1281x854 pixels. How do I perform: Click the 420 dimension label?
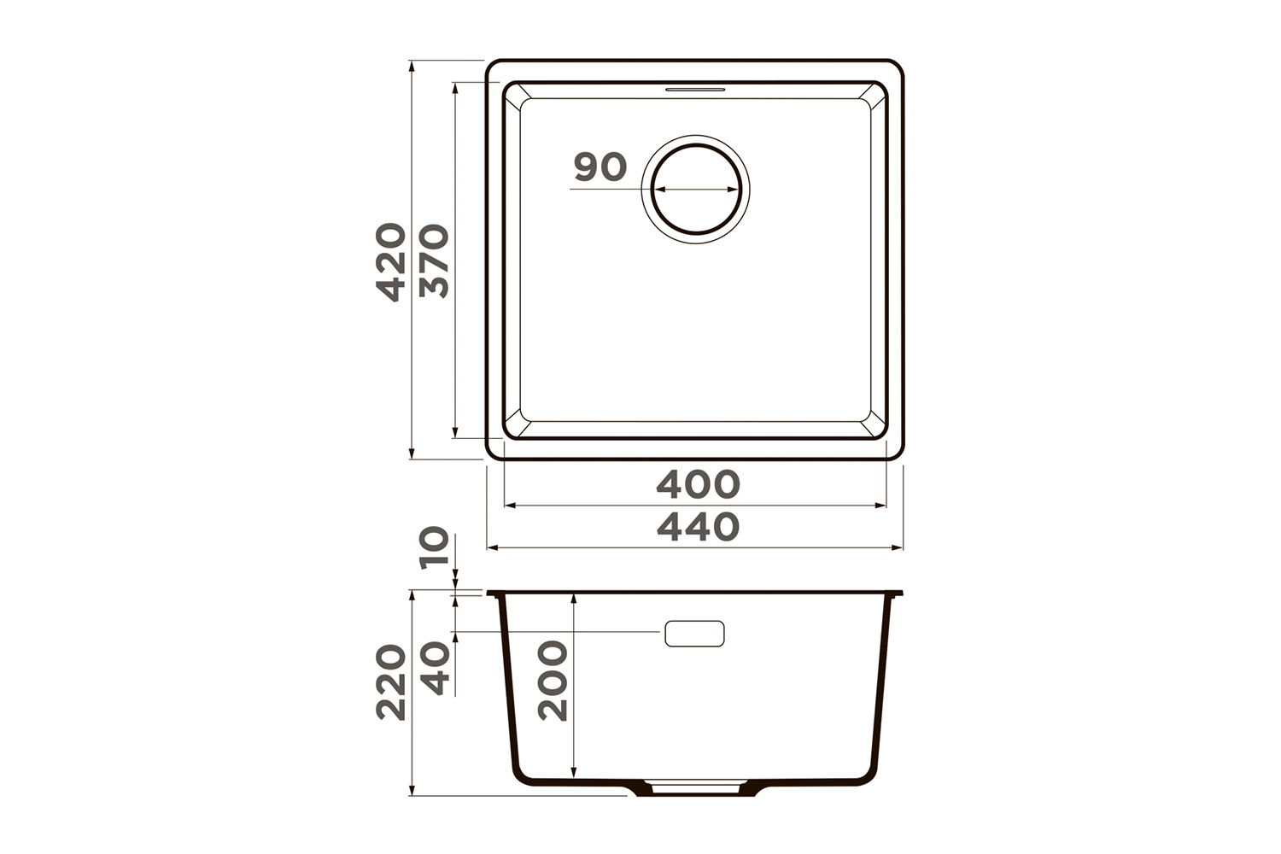point(390,262)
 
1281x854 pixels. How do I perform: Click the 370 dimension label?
point(434,261)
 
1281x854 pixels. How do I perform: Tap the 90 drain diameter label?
point(600,167)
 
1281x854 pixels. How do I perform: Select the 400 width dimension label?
point(698,484)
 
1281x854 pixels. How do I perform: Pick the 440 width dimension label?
point(698,527)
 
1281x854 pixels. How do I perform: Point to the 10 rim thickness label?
point(434,547)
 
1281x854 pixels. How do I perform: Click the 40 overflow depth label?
point(434,668)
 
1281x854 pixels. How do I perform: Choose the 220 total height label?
point(390,681)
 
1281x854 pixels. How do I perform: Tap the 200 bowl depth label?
point(553,681)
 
